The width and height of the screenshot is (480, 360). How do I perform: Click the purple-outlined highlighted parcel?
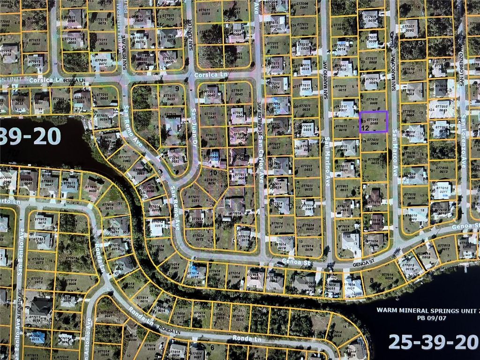click(374, 122)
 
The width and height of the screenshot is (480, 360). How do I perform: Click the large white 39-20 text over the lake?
click(31, 136)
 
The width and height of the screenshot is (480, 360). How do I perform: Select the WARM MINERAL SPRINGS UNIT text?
click(428, 310)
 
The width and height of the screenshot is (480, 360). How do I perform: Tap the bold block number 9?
click(177, 88)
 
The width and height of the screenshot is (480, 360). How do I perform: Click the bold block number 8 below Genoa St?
click(372, 280)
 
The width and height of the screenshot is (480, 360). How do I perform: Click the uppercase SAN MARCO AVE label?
click(393, 70)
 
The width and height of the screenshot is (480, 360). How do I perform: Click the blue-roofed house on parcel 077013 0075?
click(36, 336)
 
